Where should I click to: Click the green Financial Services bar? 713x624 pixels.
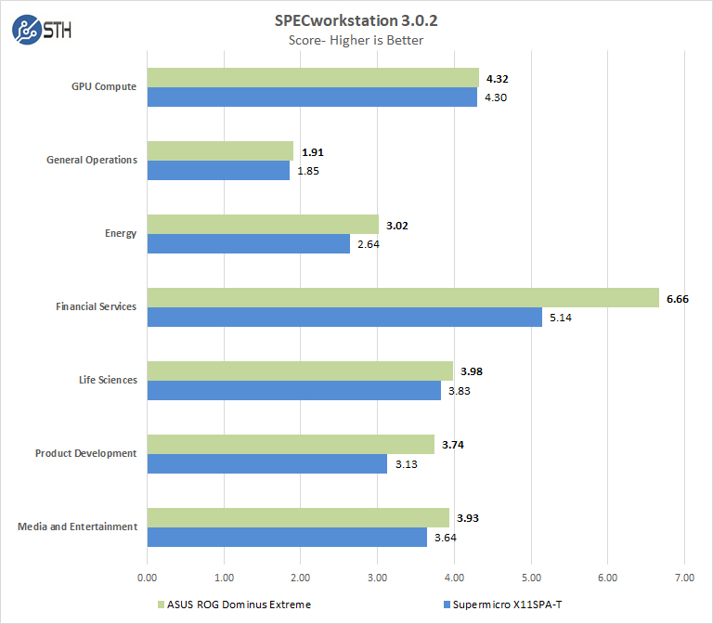[x=403, y=297]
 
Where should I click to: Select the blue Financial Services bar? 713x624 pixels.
[x=344, y=317]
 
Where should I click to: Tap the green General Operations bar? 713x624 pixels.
[x=220, y=150]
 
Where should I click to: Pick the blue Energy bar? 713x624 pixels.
[x=249, y=243]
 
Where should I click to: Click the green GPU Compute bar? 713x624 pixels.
[x=313, y=77]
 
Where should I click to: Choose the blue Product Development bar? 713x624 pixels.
[x=267, y=463]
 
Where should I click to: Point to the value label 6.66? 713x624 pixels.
[x=679, y=298]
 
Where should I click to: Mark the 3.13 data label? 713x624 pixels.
[x=406, y=463]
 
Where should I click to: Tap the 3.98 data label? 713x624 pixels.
[x=472, y=371]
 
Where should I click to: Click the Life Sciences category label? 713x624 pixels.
[x=108, y=380]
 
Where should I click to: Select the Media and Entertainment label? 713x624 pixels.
[x=77, y=526]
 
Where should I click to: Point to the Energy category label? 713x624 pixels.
[x=122, y=233]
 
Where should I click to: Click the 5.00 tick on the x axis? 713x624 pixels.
[x=530, y=577]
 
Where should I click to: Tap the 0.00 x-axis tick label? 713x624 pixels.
[x=147, y=577]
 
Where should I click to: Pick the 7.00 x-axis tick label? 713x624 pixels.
[x=683, y=577]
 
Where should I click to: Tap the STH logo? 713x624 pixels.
[x=41, y=30]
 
